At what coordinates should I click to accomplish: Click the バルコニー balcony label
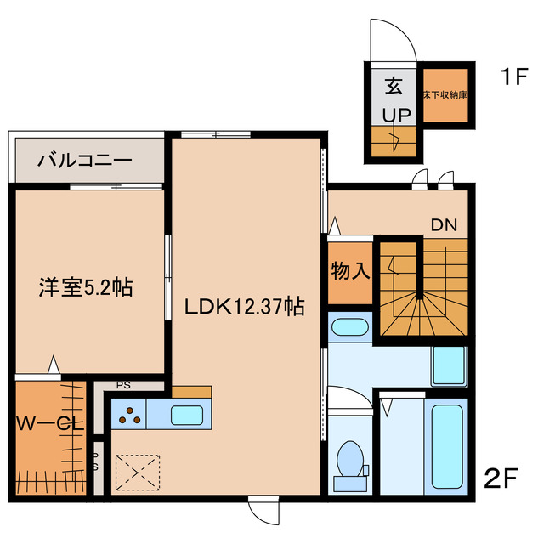85,159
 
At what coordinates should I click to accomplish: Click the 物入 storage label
350,272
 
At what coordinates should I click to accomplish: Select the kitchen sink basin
186,416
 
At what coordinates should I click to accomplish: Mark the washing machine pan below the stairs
448,366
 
